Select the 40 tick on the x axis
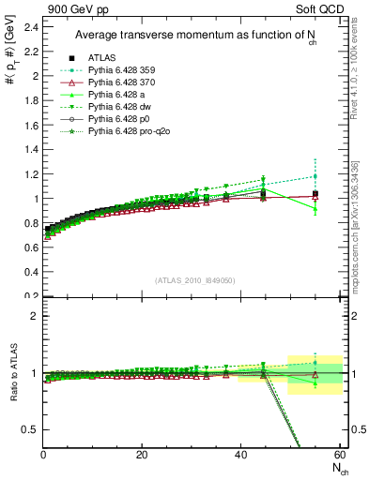pos(240,456)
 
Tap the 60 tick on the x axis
pos(339,456)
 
